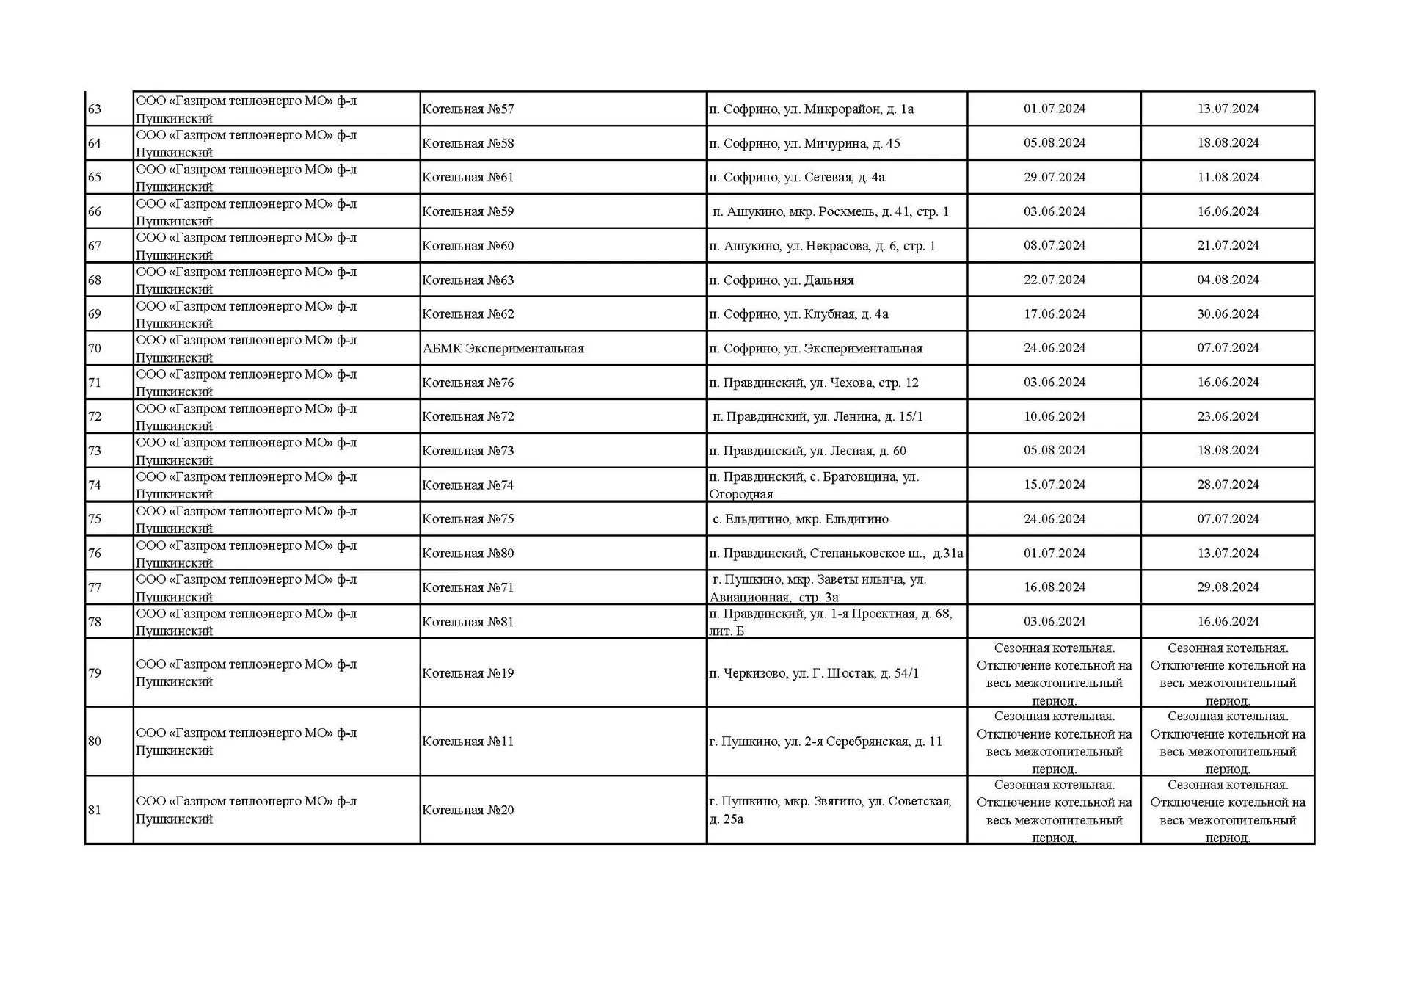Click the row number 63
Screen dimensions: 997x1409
95,109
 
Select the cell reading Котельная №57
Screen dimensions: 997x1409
467,109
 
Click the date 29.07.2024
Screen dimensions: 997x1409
1054,177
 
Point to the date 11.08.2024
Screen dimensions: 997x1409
1228,177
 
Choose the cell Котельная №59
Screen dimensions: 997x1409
467,211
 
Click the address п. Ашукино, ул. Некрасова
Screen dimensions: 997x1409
822,246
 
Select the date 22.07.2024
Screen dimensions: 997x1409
1054,280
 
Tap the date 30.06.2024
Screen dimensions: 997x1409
1228,313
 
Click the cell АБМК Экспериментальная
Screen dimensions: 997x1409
503,348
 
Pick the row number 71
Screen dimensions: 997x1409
95,383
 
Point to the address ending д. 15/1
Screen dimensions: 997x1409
818,416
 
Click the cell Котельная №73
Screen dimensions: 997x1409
467,451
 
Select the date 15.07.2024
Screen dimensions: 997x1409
1054,485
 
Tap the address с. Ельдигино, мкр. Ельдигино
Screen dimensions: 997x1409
800,519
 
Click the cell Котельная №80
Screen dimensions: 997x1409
467,554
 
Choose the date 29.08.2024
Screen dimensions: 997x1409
1228,587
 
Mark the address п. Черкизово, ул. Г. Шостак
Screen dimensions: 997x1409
813,673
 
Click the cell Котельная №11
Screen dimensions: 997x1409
467,742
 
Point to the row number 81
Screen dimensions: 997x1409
95,810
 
